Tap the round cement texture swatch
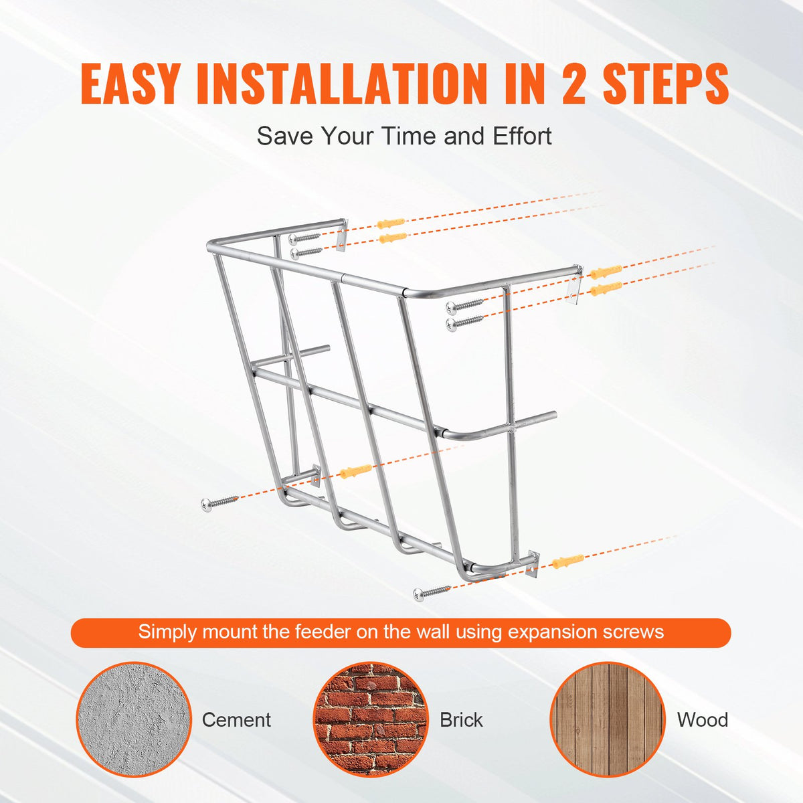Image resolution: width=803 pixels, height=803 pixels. pyautogui.click(x=134, y=719)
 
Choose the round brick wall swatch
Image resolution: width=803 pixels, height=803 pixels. pyautogui.click(x=370, y=719)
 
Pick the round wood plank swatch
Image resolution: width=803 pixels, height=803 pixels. pyautogui.click(x=607, y=719)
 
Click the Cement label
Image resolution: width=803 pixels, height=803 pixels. pyautogui.click(x=236, y=720)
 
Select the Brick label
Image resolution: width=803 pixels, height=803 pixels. pyautogui.click(x=461, y=720)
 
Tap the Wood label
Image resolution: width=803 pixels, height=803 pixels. pyautogui.click(x=702, y=720)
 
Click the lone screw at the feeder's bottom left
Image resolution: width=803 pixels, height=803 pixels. pyautogui.click(x=219, y=502)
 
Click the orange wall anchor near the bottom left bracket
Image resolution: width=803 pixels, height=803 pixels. pyautogui.click(x=355, y=471)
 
